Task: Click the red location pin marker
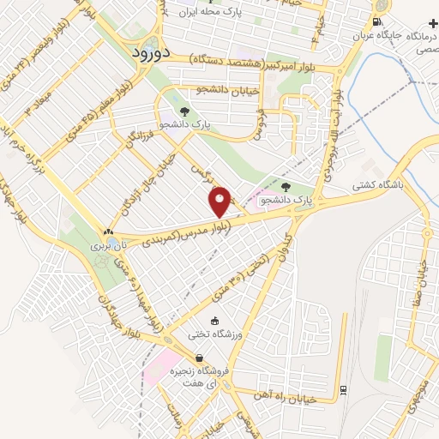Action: (219, 201)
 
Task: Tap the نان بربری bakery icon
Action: (108, 232)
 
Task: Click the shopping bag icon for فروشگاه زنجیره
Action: (200, 359)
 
